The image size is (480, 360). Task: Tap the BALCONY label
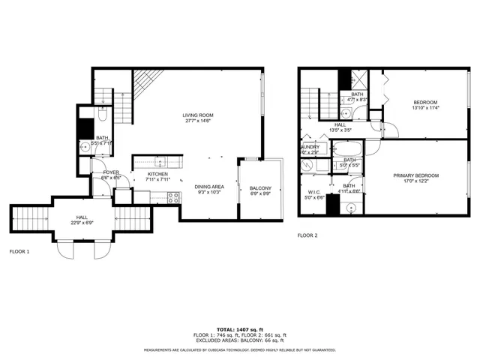260,188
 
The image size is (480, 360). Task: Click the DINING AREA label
209,186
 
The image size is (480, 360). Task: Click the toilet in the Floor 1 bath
103,115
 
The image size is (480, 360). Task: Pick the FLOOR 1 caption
19,251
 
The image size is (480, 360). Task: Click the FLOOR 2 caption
307,235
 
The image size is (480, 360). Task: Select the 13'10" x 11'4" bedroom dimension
425,108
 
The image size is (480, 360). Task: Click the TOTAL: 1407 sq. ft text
239,329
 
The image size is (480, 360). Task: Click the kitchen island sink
159,161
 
